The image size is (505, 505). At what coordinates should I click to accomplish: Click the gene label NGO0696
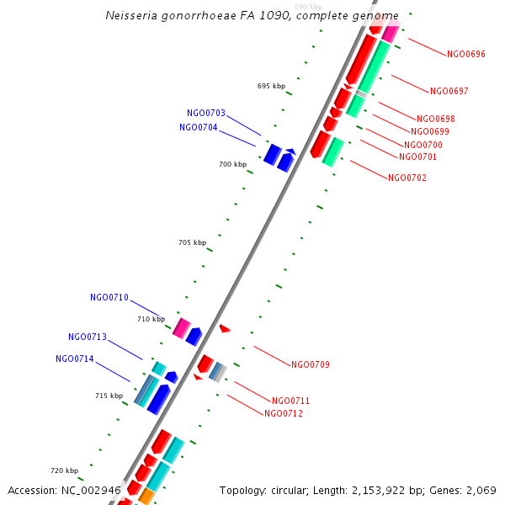pos(466,54)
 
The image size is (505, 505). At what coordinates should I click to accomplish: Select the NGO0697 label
pos(449,91)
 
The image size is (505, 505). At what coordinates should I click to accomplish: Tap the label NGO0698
pos(435,119)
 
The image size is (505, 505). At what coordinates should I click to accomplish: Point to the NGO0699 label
pos(430,131)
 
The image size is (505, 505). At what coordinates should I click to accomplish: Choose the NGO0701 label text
pos(417,157)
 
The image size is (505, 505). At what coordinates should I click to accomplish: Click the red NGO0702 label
pos(407,178)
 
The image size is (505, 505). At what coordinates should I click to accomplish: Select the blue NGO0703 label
pos(206,113)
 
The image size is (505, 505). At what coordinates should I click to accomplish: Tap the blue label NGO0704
pos(199,128)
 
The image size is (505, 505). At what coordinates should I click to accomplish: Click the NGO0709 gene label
pos(311,364)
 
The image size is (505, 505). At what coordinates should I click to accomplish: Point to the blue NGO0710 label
pos(109,297)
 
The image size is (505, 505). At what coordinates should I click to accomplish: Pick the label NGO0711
pos(291,401)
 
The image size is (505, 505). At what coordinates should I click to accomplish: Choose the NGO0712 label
pos(284,413)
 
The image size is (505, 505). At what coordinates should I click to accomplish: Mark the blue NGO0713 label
pos(88,337)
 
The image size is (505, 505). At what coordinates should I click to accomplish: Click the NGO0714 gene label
pos(75,359)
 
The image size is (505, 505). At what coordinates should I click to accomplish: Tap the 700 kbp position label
pos(232,164)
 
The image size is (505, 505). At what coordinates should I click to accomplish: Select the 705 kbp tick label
pos(192,242)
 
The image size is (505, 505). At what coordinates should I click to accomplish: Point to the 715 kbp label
pos(109,396)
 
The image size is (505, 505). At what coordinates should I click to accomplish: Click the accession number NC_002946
pos(91,490)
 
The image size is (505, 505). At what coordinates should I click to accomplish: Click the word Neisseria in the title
pos(130,16)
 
